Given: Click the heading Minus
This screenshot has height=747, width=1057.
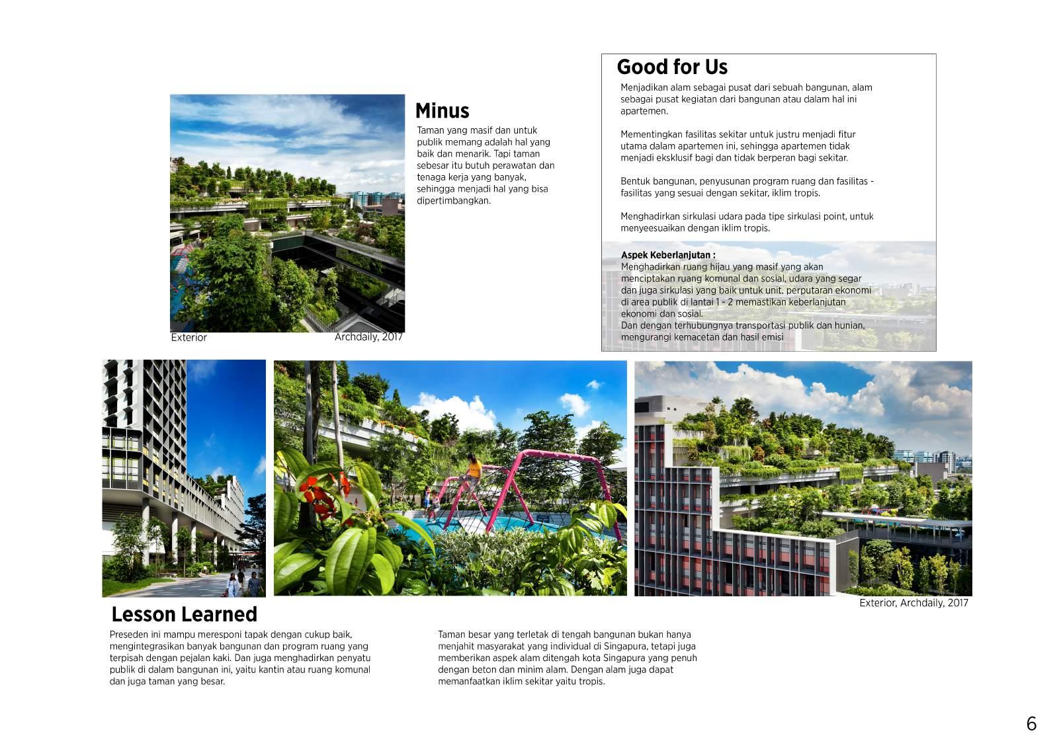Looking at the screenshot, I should [x=442, y=110].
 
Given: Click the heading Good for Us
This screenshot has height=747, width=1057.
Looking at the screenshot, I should [x=671, y=67].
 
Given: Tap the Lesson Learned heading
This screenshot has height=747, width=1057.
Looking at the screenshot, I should [x=184, y=614].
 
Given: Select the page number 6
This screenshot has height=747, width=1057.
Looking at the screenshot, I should [x=1031, y=724].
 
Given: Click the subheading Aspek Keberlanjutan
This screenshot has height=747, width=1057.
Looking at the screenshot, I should [x=667, y=255].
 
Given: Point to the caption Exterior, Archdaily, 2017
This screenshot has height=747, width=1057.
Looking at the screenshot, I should [x=913, y=603].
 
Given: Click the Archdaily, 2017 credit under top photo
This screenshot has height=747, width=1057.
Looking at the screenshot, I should [x=368, y=337].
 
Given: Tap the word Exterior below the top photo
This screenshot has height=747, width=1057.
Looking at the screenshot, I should [x=189, y=337].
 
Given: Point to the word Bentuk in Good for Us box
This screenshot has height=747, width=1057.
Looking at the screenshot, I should [x=634, y=181].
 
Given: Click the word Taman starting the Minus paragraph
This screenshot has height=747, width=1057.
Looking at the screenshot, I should [x=430, y=130].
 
